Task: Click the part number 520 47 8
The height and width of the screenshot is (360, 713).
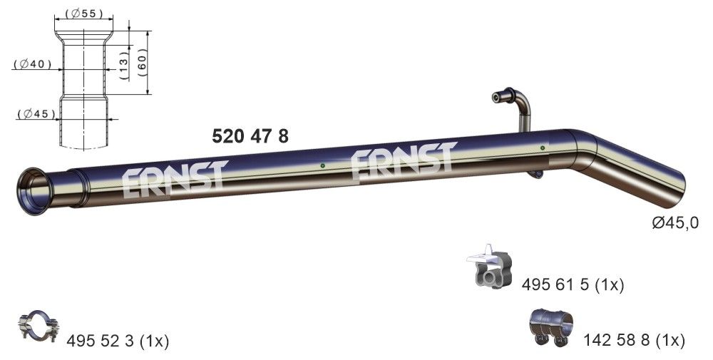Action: click(251, 135)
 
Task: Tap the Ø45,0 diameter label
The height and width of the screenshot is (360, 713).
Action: click(675, 223)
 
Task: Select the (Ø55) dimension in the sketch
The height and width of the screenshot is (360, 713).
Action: click(83, 14)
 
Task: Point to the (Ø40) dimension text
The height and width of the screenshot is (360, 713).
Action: click(33, 64)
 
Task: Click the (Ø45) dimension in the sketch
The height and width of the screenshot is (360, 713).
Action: click(34, 113)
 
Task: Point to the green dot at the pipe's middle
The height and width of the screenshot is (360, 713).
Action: click(323, 166)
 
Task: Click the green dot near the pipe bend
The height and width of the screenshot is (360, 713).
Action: click(543, 148)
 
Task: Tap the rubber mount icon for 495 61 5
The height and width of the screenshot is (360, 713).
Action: click(491, 267)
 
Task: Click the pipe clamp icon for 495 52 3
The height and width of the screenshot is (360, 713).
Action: click(38, 328)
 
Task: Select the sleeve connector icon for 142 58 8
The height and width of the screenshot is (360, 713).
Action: click(550, 327)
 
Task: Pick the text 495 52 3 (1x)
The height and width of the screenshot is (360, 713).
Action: click(117, 341)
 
